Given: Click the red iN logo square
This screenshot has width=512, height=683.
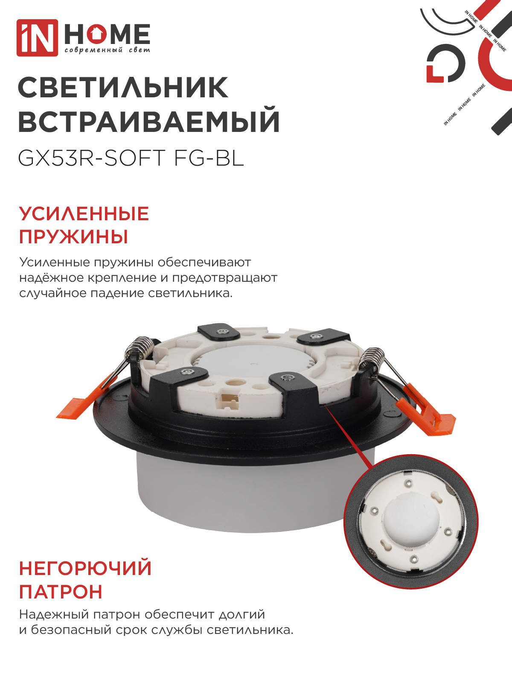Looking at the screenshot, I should [x=37, y=38].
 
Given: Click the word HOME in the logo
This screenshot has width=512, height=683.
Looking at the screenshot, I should [x=107, y=34].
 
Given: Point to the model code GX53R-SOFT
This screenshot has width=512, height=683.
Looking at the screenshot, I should [x=92, y=158].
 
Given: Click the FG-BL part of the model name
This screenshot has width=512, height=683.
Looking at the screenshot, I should [x=209, y=158].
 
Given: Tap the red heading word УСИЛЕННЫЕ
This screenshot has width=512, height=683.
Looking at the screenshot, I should [x=84, y=214].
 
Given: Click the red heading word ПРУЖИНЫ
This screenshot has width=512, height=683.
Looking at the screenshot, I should [x=73, y=237].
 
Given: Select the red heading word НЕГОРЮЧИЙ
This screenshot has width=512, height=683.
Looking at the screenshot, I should [x=85, y=569].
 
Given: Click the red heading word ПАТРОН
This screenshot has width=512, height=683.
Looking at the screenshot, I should [x=61, y=592].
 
